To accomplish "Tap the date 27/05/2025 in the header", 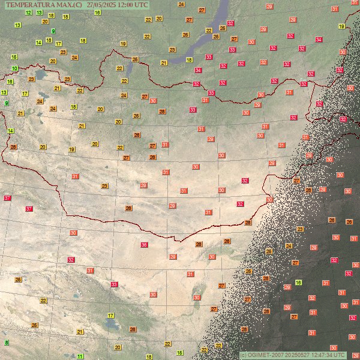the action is click(x=101, y=4).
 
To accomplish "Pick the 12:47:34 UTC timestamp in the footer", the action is click(x=326, y=355).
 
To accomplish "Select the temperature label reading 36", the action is click(x=144, y=245).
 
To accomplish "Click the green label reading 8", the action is click(x=7, y=343).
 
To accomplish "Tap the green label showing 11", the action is click(x=80, y=356).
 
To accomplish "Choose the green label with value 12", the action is click(x=28, y=12).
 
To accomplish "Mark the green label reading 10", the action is click(x=14, y=68).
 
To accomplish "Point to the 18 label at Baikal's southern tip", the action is click(x=189, y=60).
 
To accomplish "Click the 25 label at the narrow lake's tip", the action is click(x=135, y=59).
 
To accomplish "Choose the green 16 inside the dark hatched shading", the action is click(x=298, y=282).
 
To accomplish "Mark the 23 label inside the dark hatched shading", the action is click(x=300, y=229).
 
